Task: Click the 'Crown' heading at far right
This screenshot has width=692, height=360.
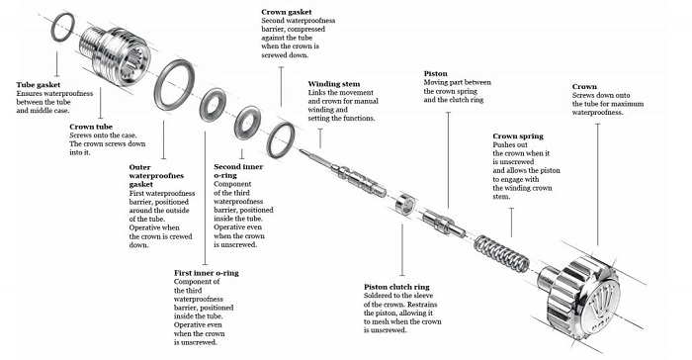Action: pyautogui.click(x=584, y=86)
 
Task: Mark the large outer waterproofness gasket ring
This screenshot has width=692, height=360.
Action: pyautogui.click(x=177, y=78)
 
